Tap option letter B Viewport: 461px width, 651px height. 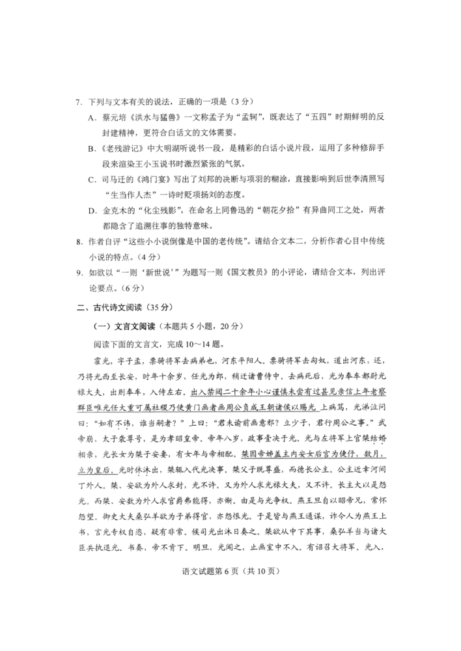click(92, 150)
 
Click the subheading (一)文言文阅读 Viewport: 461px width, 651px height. click(124, 325)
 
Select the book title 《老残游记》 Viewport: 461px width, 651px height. click(121, 150)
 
